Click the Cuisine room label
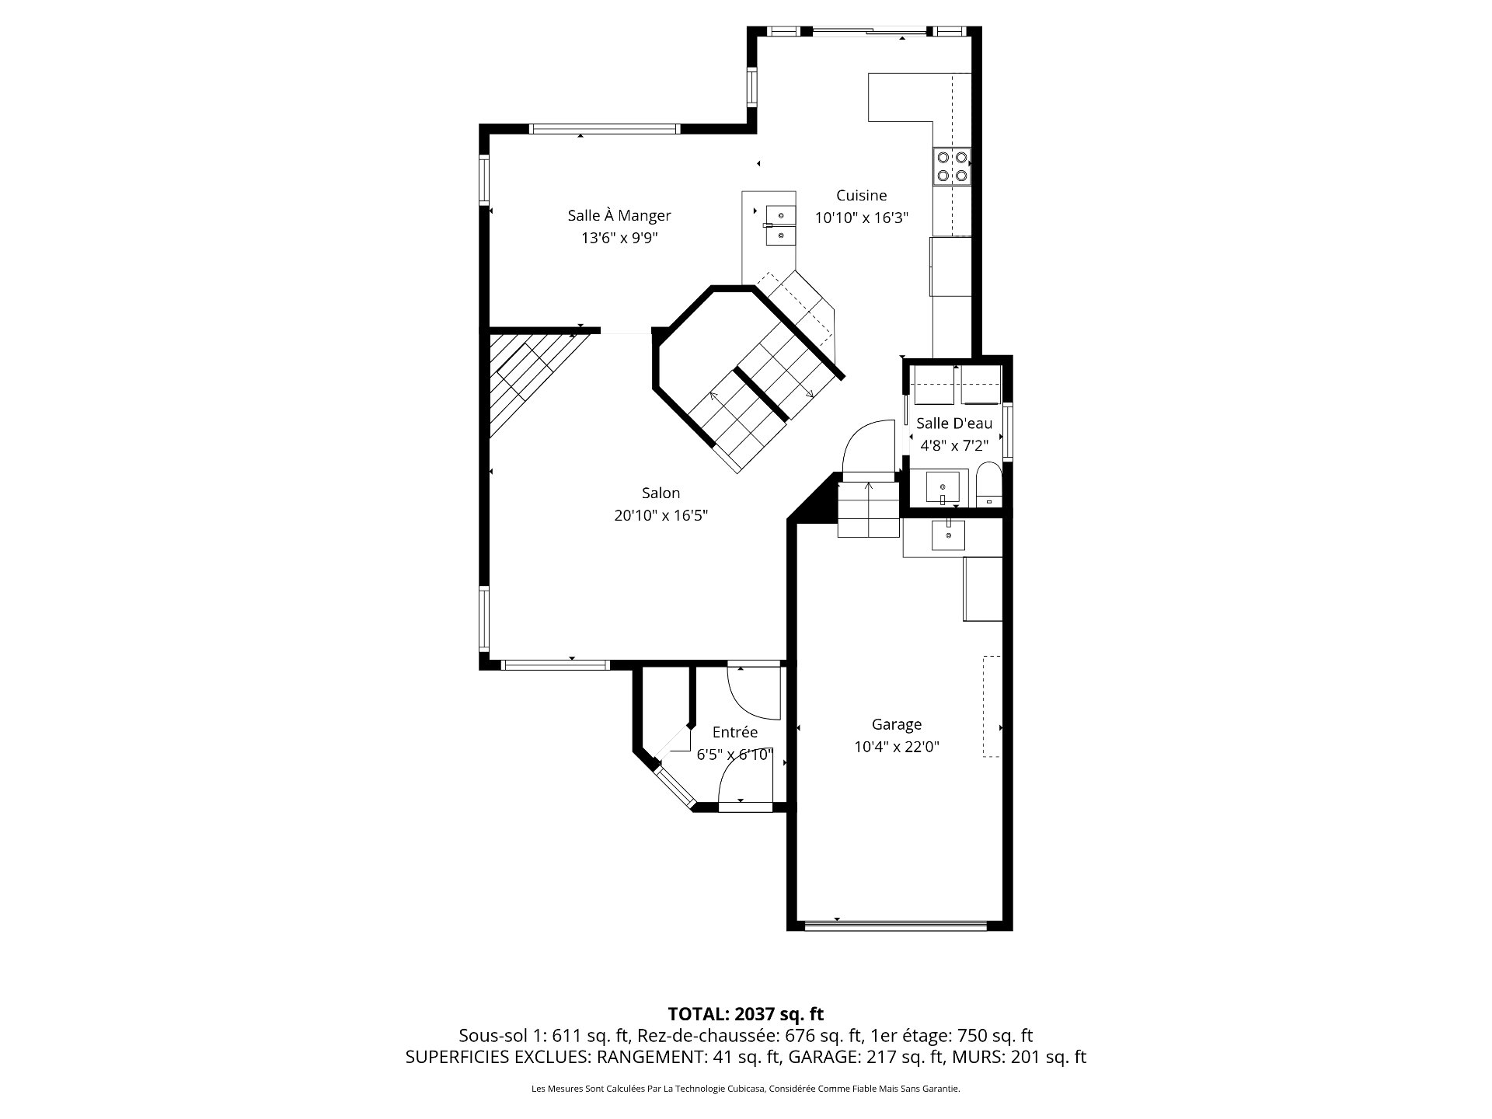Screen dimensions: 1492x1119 coord(861,195)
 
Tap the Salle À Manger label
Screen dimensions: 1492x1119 coord(619,215)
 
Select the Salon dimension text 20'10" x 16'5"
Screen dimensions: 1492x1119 coord(661,515)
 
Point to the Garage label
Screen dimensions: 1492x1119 coord(897,724)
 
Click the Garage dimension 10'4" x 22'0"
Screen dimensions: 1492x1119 coord(897,747)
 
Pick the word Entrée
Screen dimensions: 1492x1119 coord(735,732)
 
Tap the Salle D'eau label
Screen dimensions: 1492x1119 coord(954,424)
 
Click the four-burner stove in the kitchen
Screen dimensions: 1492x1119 coord(952,166)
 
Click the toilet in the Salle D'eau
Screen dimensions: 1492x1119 coord(988,483)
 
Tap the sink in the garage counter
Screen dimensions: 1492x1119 coord(949,535)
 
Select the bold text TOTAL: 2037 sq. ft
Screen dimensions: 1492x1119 coord(746,1014)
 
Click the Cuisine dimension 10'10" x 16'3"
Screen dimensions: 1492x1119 coord(861,218)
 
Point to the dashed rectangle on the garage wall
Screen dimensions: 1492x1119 coord(992,706)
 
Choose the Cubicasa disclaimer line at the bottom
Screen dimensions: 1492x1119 coord(746,1089)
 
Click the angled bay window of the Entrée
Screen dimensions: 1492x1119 coord(675,788)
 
